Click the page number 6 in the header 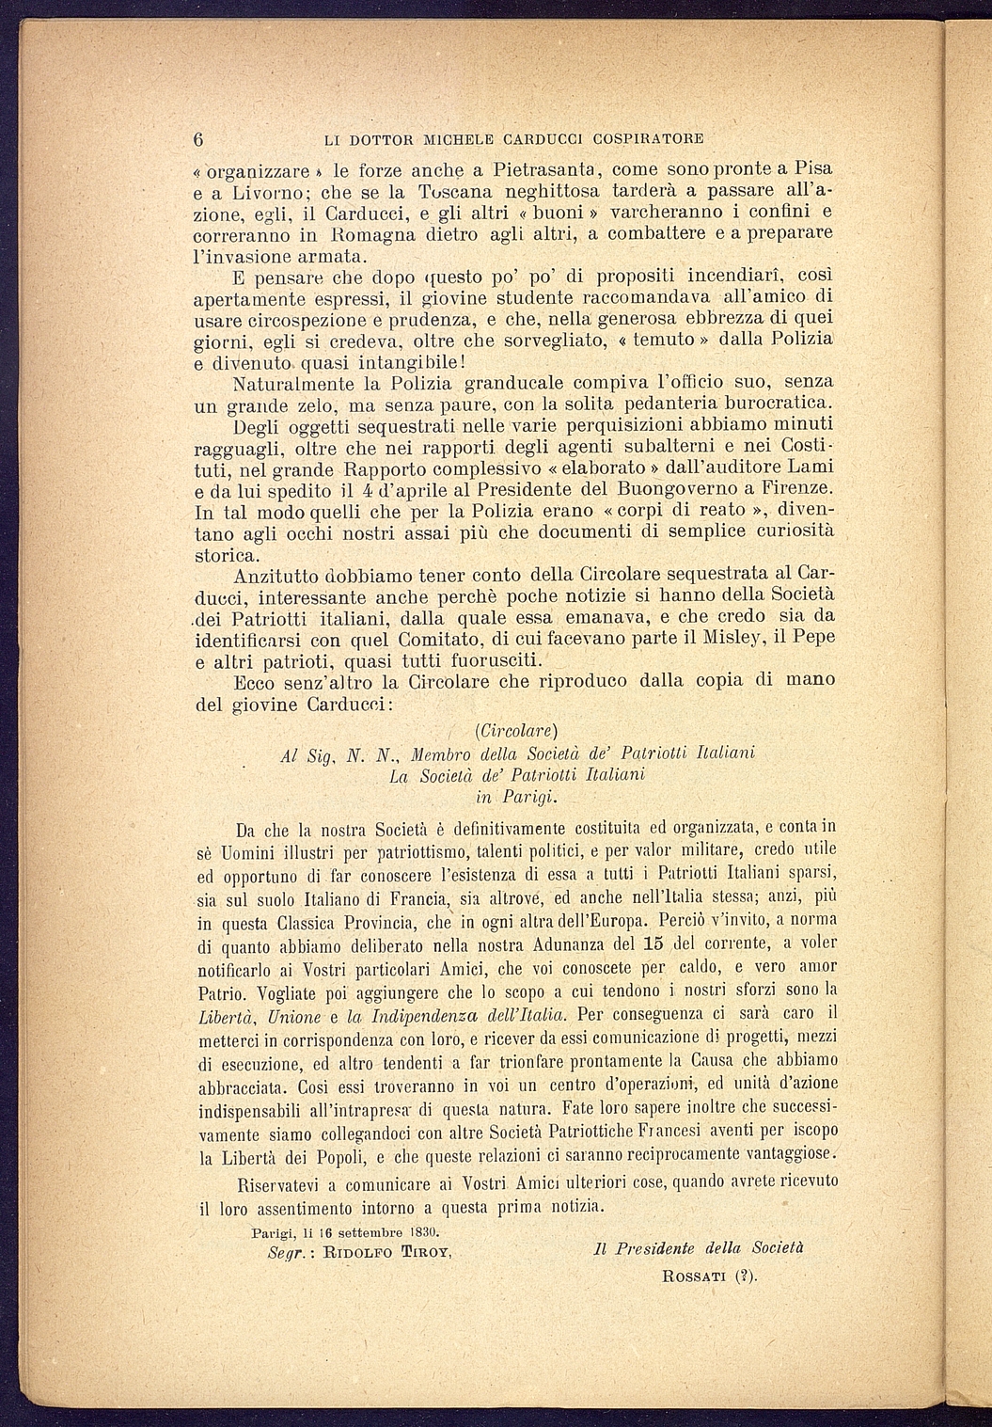click(x=198, y=138)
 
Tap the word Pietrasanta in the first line click(x=550, y=170)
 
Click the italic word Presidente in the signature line click(x=666, y=1249)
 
